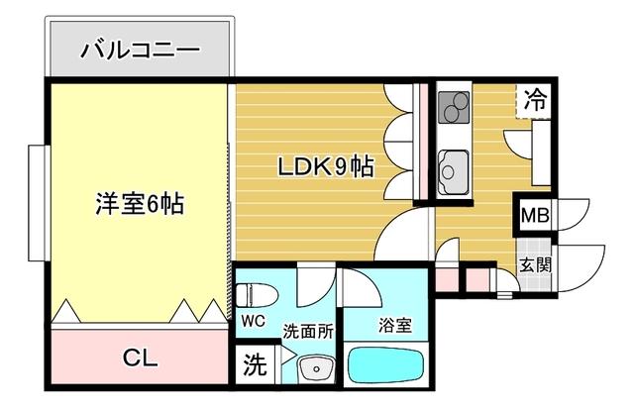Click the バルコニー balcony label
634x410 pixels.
(140, 49)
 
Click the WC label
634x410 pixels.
(253, 322)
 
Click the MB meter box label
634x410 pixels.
(536, 215)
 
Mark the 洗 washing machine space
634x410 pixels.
(255, 365)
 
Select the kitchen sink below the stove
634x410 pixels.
(455, 168)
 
